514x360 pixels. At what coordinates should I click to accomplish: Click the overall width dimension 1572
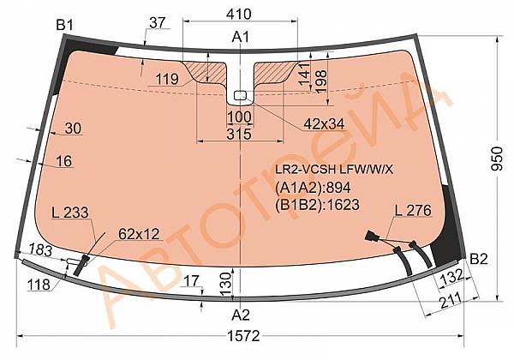[244, 336]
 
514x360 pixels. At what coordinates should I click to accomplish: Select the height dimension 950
[498, 159]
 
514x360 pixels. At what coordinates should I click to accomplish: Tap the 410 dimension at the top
[239, 14]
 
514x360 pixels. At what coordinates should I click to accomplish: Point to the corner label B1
[65, 25]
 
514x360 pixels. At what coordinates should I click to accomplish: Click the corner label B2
[479, 259]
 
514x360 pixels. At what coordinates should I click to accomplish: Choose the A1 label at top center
[241, 37]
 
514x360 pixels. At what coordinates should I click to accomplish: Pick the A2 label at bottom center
[241, 315]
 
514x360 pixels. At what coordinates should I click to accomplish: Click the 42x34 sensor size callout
[324, 124]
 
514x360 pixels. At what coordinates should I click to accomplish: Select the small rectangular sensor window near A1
[240, 95]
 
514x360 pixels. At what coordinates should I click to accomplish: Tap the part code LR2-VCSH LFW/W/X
[334, 169]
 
